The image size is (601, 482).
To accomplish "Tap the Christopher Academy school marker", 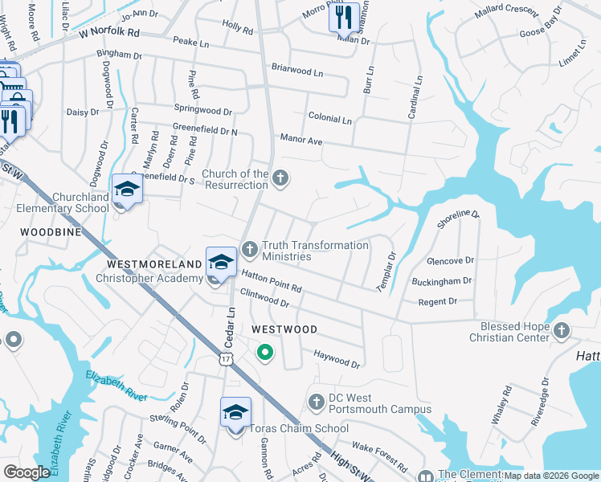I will pyautogui.click(x=222, y=262).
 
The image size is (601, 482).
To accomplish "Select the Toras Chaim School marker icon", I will pyautogui.click(x=235, y=412).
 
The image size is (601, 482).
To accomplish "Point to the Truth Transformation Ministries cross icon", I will pyautogui.click(x=249, y=249).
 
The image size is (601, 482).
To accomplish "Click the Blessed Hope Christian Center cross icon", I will pyautogui.click(x=562, y=329).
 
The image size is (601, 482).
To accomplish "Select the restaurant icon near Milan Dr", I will pyautogui.click(x=344, y=17).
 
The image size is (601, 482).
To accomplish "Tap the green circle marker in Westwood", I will pyautogui.click(x=264, y=352).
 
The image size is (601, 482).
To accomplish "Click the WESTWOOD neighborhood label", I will pyautogui.click(x=284, y=329).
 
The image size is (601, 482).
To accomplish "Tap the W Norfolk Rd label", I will pyautogui.click(x=109, y=35).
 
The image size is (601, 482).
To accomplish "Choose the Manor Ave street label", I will pyautogui.click(x=301, y=140).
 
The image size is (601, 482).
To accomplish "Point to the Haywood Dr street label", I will pyautogui.click(x=337, y=358).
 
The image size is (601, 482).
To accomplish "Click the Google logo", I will pyautogui.click(x=27, y=472).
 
